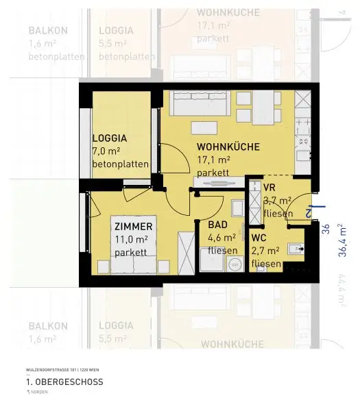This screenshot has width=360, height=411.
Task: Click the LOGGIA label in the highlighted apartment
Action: (110, 137)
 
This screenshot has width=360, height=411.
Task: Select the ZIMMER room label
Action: (134, 226)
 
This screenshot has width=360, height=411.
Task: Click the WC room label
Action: (259, 238)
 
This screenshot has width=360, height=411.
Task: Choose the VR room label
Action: (269, 186)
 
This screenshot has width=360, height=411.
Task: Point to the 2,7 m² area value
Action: (266, 251)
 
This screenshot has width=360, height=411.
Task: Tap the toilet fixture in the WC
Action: (296, 249)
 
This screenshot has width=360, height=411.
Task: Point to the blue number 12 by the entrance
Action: (309, 212)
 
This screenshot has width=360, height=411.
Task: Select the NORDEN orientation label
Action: (41, 393)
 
